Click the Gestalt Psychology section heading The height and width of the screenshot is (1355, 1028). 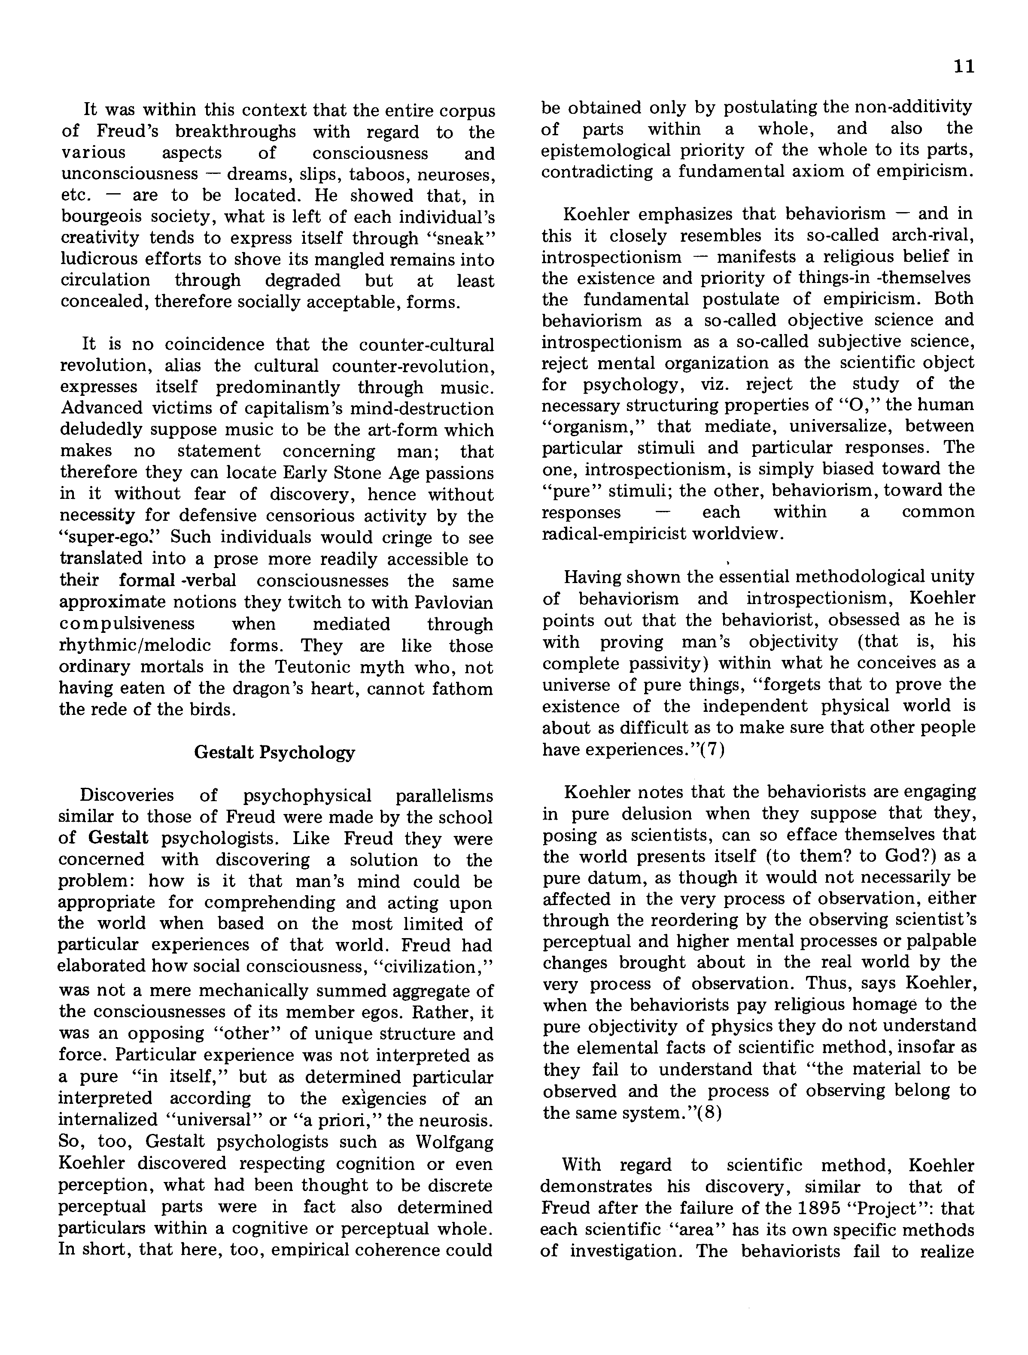click(274, 752)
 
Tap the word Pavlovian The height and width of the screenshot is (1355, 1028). click(454, 603)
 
